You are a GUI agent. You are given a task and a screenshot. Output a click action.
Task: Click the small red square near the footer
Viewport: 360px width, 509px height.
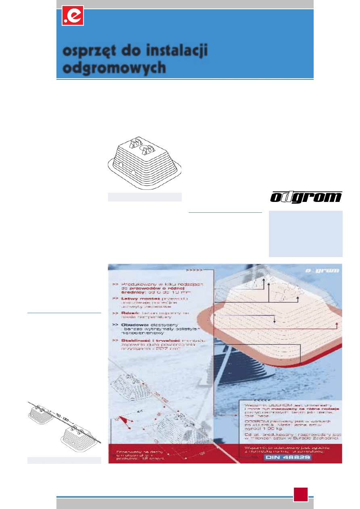pos(300,494)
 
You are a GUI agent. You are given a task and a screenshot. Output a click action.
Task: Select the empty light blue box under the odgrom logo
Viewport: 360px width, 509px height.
pos(306,233)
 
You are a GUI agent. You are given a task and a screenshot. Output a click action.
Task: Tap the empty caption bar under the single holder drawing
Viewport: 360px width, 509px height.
pos(145,197)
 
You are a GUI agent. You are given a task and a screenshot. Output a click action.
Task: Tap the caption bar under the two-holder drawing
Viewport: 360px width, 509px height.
pos(64,460)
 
